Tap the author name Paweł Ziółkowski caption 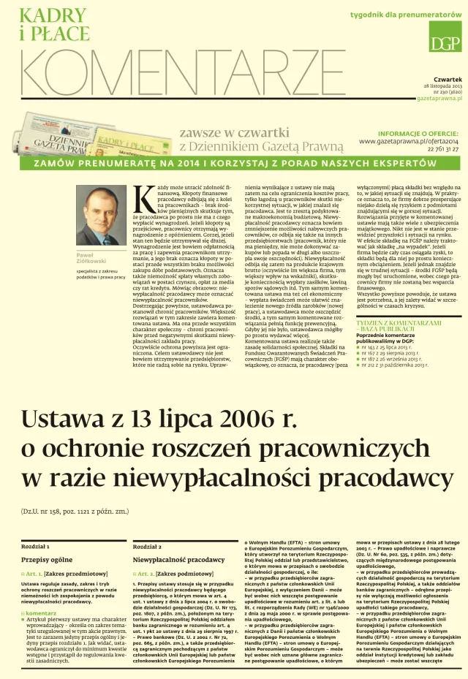click(x=91, y=258)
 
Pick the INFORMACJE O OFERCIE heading click(x=418, y=133)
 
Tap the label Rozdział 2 click(x=148, y=545)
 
